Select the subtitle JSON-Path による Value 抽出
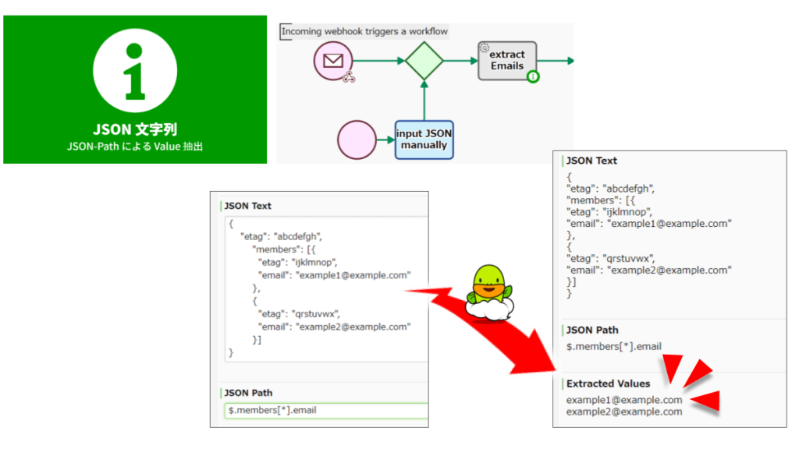[x=134, y=146]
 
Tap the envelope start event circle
[x=334, y=61]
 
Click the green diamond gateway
[x=424, y=61]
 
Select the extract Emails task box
[x=507, y=61]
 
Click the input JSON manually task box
[x=424, y=140]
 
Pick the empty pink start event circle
[x=357, y=140]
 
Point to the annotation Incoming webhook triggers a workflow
[x=364, y=31]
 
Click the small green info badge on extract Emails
[x=533, y=77]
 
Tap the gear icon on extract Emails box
[x=484, y=48]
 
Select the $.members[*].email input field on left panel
[x=326, y=410]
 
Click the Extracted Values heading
[x=608, y=384]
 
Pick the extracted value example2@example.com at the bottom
[x=624, y=412]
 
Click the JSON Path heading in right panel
[x=592, y=330]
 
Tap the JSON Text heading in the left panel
[x=247, y=206]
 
